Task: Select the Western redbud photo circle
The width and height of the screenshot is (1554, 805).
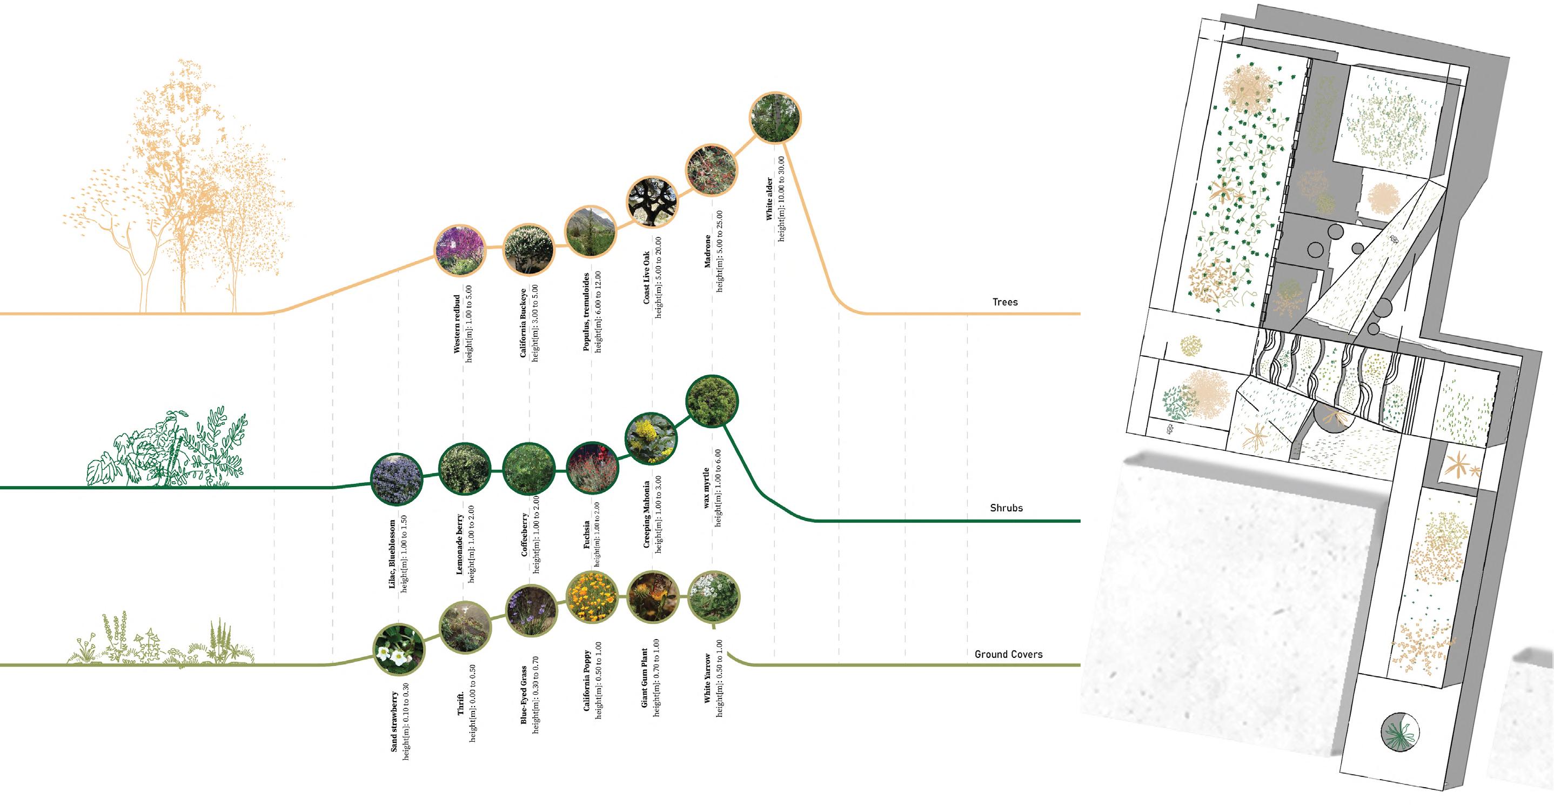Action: click(460, 250)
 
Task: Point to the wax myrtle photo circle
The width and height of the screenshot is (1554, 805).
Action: click(713, 401)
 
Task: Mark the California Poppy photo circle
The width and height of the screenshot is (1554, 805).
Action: click(592, 597)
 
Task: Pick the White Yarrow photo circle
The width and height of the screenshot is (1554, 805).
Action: click(714, 597)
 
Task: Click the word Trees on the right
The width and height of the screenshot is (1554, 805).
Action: click(1005, 302)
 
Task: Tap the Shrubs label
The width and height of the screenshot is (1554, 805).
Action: click(1006, 508)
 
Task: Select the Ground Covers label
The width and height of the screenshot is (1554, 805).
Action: click(1009, 654)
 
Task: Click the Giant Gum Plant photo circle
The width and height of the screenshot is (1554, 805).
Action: click(652, 597)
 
